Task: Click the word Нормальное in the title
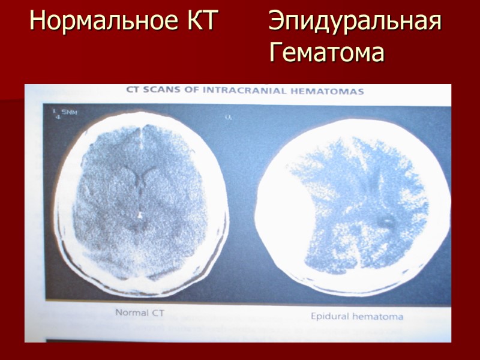(101, 23)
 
